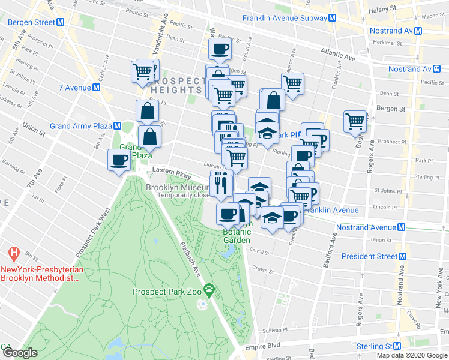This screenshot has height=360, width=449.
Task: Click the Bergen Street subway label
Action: tap(31, 22)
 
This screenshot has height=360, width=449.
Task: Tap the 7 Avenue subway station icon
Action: tap(96, 88)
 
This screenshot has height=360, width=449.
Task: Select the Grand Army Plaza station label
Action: tap(81, 126)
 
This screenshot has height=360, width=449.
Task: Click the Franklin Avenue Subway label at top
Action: tap(285, 18)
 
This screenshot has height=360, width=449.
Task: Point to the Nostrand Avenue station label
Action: tap(366, 227)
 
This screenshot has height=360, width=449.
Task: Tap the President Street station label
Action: tap(369, 256)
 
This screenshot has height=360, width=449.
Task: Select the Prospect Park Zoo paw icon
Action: tap(209, 292)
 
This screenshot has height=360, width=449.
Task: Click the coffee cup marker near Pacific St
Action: tap(219, 49)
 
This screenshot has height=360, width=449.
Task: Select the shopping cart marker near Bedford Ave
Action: tap(355, 121)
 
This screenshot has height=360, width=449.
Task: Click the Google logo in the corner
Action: tap(20, 353)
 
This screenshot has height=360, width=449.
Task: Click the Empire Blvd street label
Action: tap(262, 346)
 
